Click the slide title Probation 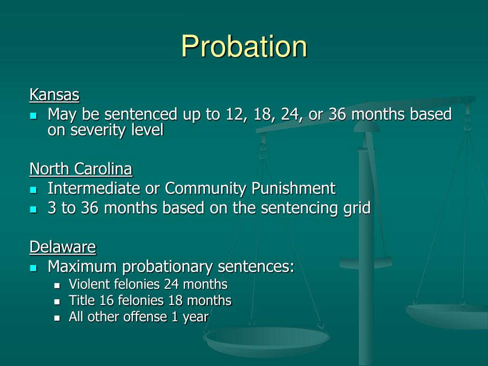(x=244, y=46)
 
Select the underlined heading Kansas (x=54, y=95)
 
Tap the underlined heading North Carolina (x=81, y=169)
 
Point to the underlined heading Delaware (x=62, y=247)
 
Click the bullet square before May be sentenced (x=33, y=115)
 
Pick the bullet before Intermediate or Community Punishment (x=33, y=189)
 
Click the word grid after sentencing (x=357, y=208)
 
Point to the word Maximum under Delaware (x=83, y=267)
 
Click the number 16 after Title (x=105, y=301)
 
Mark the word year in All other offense (x=195, y=317)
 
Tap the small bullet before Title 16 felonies (x=57, y=302)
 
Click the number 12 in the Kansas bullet (x=225, y=114)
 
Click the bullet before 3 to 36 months (x=33, y=209)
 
